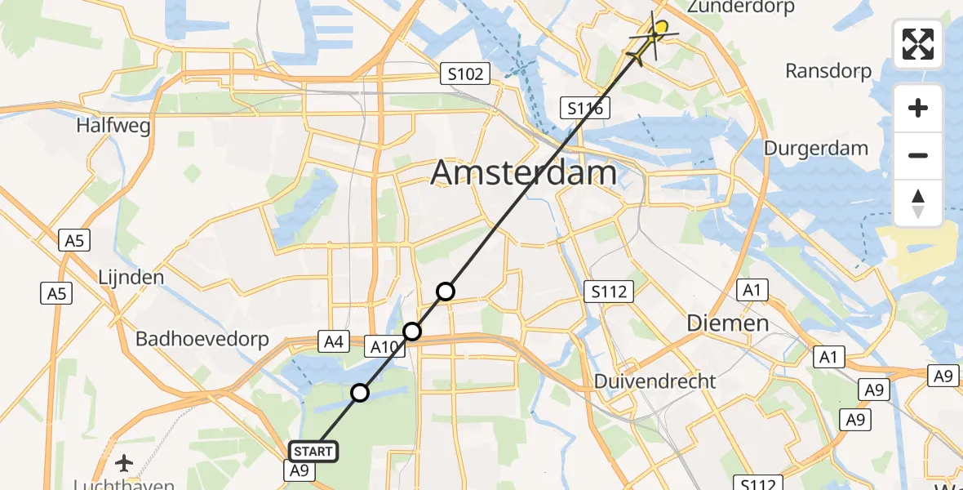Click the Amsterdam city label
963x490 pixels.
pos(523,173)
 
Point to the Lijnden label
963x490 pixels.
pos(131,277)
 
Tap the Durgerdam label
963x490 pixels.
pos(816,149)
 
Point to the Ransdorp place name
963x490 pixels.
pos(828,71)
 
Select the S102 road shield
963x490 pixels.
pos(464,74)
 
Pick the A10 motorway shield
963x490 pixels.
pos(384,346)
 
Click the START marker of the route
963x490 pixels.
pos(313,452)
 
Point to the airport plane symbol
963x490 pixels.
pos(124,464)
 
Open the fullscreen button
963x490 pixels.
pos(918,44)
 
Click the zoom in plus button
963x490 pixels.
pos(918,108)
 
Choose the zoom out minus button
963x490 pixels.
pos(918,155)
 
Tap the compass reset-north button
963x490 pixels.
pos(918,203)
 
